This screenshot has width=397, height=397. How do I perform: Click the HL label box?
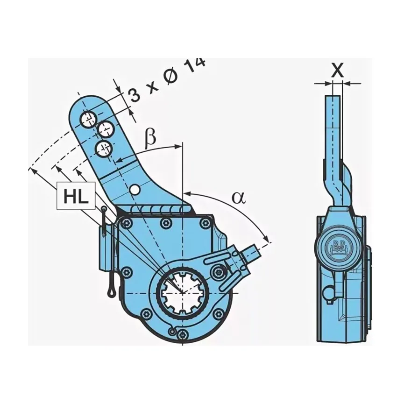tap(76, 196)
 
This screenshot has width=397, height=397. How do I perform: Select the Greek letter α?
tap(239, 198)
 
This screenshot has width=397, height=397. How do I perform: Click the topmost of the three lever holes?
tap(88, 119)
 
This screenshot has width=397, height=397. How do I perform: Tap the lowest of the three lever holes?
tap(103, 149)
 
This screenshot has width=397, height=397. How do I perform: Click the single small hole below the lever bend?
tap(135, 189)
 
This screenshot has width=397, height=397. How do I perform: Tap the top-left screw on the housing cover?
tap(125, 224)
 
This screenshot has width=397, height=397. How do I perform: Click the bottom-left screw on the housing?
tap(146, 313)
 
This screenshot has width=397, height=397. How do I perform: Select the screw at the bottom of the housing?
tap(184, 334)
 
